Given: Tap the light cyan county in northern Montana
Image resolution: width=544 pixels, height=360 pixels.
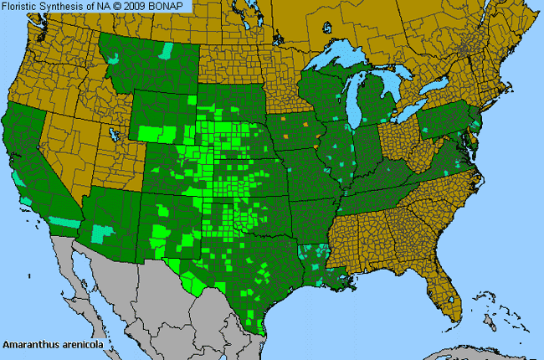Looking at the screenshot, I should tap(167, 53).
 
